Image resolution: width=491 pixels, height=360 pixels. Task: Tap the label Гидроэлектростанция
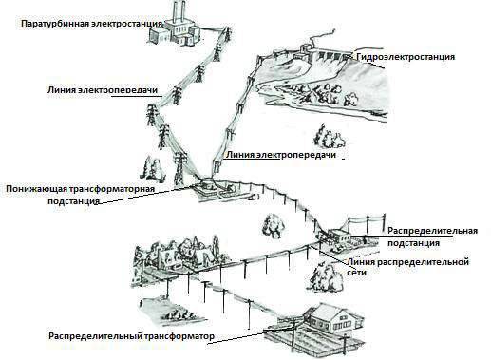coord(406,57)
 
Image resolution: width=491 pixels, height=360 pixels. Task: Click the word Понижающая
coord(35,189)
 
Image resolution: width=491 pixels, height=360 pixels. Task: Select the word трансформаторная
coord(110,189)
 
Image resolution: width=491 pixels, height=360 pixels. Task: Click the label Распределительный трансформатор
coord(131,336)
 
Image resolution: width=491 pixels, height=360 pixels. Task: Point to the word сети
coord(356,273)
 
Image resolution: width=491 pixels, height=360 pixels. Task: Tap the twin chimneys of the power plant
coord(179,12)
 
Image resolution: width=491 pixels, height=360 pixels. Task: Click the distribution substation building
coord(339,237)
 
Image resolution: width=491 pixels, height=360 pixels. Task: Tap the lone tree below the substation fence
coord(273,226)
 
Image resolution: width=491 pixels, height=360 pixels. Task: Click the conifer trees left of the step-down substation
coord(152,169)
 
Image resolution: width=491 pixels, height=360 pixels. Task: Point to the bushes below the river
coord(329,137)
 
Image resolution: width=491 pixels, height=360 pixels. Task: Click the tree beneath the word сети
coord(326,277)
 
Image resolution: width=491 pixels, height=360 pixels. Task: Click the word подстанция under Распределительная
coord(414,243)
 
